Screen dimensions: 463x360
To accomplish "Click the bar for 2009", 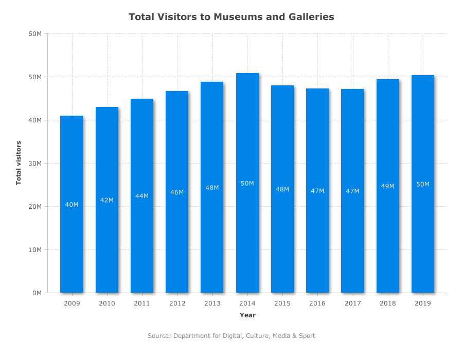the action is coord(72,204).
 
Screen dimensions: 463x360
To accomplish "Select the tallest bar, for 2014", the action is coord(247,183).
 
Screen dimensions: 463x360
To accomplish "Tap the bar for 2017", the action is coord(352,191).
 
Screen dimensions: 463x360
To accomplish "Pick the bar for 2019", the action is coord(423,184).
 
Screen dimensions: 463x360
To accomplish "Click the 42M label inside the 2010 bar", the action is coord(106,200).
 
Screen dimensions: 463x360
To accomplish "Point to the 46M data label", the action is coord(177,192).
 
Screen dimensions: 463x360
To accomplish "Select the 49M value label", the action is coord(388,186).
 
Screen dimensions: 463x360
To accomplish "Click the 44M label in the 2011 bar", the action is coord(142,196).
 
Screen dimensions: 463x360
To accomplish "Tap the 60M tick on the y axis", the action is coord(35,33).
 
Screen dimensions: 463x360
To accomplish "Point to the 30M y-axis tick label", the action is coord(35,164).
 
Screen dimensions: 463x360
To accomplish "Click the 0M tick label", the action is coord(37,293).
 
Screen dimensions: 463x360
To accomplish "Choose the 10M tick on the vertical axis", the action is coord(35,250).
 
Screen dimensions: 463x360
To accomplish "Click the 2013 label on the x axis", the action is coord(212,303).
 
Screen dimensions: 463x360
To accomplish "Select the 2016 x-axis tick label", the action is coord(317,303).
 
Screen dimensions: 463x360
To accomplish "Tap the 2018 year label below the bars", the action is coord(388,303).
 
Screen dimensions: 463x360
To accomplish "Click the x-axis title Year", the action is coord(247,315).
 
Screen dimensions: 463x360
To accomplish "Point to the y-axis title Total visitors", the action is coord(19,163).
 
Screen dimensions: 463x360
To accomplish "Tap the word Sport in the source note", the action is coord(307,336).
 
